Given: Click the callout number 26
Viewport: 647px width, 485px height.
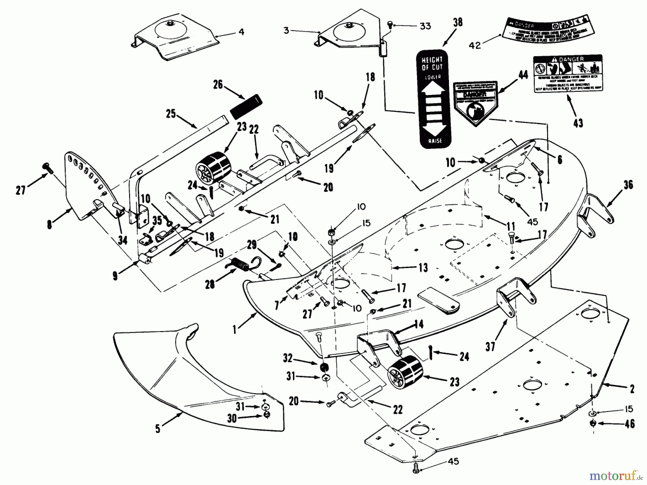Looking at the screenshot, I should click(218, 85).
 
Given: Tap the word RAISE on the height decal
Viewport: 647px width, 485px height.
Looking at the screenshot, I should click(435, 141).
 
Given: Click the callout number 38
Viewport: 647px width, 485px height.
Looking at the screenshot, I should click(458, 22).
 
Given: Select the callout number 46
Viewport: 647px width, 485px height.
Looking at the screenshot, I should click(629, 424).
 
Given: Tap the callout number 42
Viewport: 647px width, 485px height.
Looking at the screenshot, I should click(475, 46).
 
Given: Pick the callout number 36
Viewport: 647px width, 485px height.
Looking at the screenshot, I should click(628, 185).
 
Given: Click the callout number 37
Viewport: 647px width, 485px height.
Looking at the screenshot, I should click(490, 346).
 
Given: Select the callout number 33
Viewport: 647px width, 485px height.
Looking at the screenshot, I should click(425, 27).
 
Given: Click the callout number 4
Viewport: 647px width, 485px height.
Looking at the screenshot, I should click(241, 32).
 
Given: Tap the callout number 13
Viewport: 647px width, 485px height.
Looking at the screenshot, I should click(423, 267).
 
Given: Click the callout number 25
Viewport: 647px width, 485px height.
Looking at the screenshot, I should click(170, 114).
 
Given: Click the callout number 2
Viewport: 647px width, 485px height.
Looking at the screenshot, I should click(632, 389).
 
